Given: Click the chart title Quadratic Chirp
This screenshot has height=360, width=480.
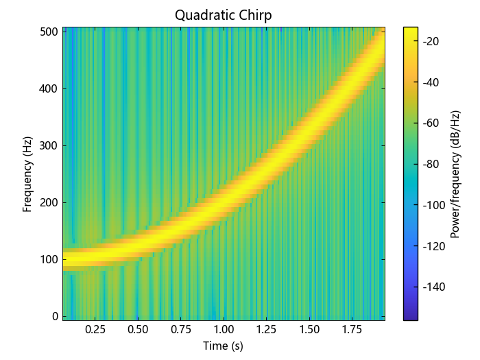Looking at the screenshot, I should coord(223,15).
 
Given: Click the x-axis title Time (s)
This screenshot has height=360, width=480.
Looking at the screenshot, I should coord(224,346).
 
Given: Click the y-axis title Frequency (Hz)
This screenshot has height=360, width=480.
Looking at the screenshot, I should coord(28,174).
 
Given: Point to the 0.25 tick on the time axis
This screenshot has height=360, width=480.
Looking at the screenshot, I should coord(95,330).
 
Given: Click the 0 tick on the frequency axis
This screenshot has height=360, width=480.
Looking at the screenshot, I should coord(53,316).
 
